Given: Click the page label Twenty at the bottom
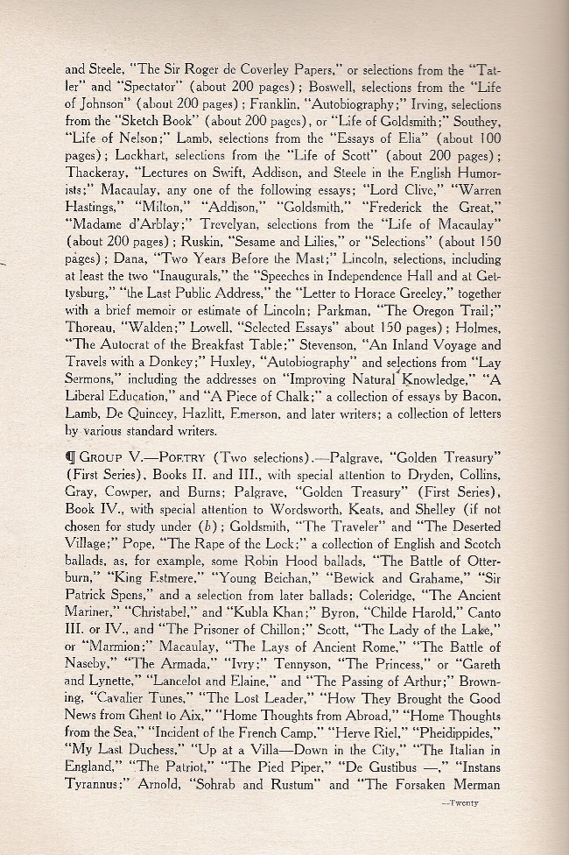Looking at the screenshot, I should coord(459,802).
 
